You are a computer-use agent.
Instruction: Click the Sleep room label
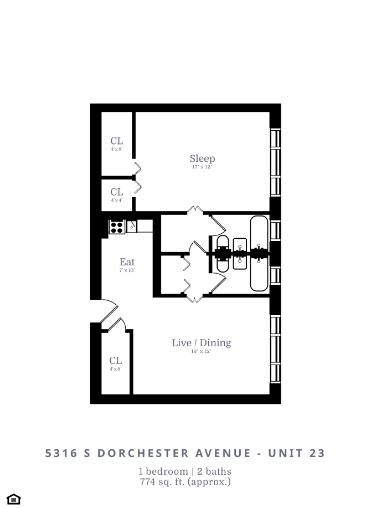[x=202, y=158]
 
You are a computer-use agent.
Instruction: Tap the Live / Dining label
[x=201, y=343]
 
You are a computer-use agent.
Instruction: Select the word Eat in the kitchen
[x=127, y=262]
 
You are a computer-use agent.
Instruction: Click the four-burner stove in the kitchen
[x=116, y=226]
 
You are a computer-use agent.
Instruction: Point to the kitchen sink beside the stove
[x=132, y=226]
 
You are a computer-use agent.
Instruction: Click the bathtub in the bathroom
[x=259, y=254]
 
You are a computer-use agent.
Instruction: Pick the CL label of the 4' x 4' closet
[x=116, y=192]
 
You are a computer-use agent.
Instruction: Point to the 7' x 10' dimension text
[x=127, y=270]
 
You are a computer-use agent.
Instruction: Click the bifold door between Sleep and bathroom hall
[x=195, y=211]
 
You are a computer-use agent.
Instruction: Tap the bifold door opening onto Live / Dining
[x=195, y=299]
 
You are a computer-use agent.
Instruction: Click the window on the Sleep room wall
[x=275, y=161]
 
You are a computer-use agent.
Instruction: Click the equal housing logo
[x=14, y=499]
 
